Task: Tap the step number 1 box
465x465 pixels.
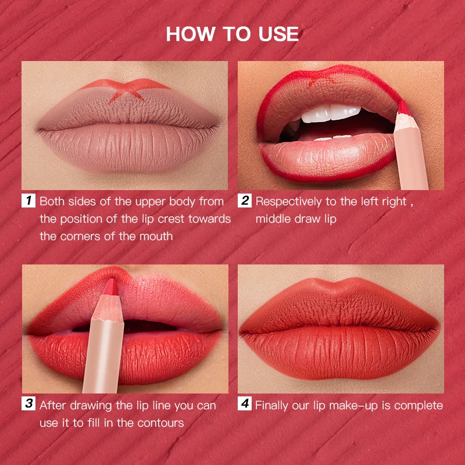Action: point(28,202)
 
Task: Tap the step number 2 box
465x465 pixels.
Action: point(245,202)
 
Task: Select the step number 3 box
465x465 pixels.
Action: point(28,405)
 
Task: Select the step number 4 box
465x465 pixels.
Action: point(245,405)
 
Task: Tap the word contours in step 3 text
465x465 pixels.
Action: point(163,423)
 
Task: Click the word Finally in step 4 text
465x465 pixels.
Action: point(274,405)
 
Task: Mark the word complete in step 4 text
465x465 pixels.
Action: point(418,405)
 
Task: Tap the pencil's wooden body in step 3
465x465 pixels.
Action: point(103,349)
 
